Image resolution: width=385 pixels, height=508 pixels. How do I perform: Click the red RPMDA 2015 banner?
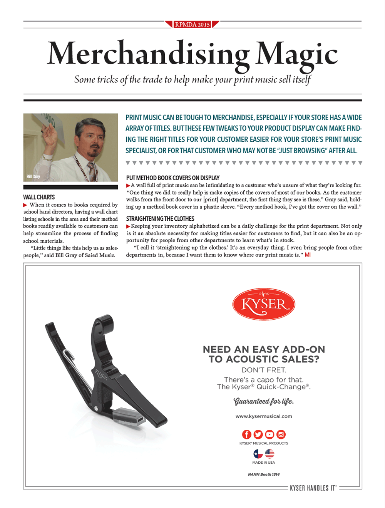[x=192, y=24]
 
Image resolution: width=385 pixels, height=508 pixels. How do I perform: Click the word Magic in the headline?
[x=297, y=54]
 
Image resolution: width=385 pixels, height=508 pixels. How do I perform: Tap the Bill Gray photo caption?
[x=33, y=176]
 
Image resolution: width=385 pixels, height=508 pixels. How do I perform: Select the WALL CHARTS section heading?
[x=39, y=197]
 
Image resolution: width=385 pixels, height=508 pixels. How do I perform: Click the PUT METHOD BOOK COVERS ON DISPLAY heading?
[x=173, y=178]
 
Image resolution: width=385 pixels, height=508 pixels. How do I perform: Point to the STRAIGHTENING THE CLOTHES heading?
[x=160, y=219]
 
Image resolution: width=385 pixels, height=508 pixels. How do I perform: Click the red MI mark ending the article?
[x=308, y=255]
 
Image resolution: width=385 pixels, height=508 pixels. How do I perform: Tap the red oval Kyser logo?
[x=264, y=304]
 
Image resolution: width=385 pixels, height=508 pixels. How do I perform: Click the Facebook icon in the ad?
[x=246, y=434]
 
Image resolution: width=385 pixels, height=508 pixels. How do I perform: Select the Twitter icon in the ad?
[x=258, y=434]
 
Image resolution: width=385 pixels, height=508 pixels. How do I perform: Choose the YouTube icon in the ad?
[x=269, y=434]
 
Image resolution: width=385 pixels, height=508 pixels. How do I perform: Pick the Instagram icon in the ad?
[x=281, y=434]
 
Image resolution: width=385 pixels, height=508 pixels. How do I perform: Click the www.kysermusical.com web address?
[x=264, y=416]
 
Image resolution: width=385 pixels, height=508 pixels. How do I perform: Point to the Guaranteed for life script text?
[x=264, y=401]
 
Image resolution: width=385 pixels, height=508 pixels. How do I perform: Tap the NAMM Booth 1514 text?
[x=264, y=474]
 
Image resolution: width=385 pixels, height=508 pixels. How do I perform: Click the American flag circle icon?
[x=269, y=454]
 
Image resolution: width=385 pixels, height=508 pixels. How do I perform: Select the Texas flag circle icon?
[x=258, y=454]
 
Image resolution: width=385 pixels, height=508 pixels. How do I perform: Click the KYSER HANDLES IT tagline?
[x=313, y=488]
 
